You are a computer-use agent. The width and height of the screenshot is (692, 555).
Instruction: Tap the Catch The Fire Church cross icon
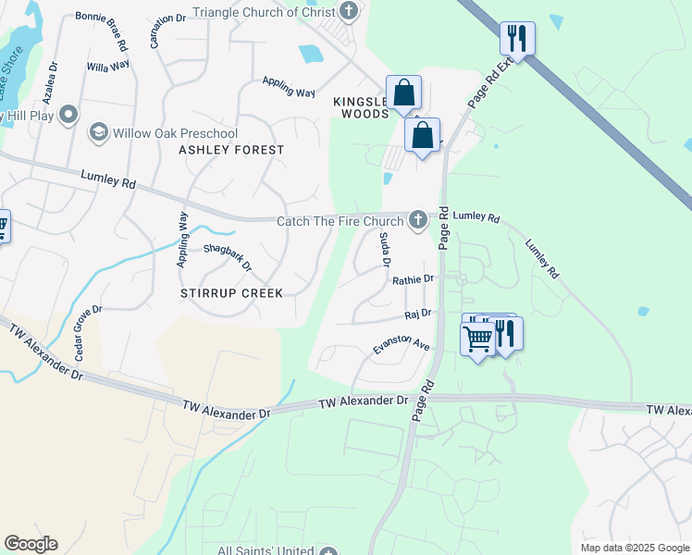tap(418, 219)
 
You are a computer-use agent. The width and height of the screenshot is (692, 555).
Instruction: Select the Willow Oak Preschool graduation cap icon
tap(98, 133)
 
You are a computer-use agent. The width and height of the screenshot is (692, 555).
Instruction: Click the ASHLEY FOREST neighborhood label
tap(230, 150)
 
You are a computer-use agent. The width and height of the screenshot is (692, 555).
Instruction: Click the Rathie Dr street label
tap(413, 279)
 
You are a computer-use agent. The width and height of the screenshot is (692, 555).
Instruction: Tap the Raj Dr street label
tap(419, 314)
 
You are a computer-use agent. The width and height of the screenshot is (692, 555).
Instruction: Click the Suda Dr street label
tap(385, 250)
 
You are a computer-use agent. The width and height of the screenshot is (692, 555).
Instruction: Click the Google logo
tap(31, 544)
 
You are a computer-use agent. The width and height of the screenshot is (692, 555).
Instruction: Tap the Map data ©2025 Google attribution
tap(634, 548)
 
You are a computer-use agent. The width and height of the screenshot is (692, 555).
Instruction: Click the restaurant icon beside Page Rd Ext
tap(516, 38)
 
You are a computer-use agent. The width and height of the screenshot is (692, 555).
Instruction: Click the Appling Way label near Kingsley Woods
tap(289, 89)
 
